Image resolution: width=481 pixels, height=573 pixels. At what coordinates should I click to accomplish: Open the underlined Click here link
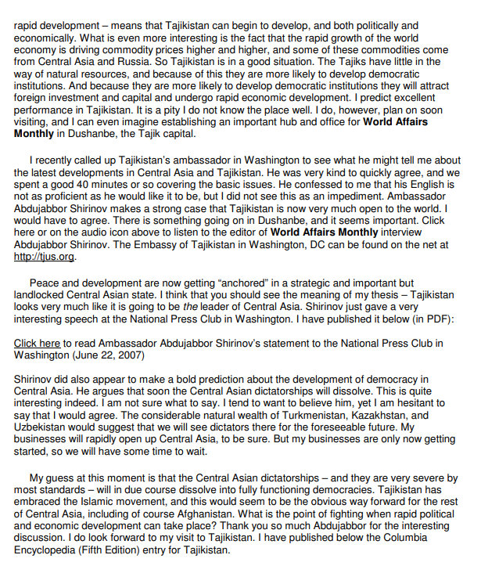click(37, 343)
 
